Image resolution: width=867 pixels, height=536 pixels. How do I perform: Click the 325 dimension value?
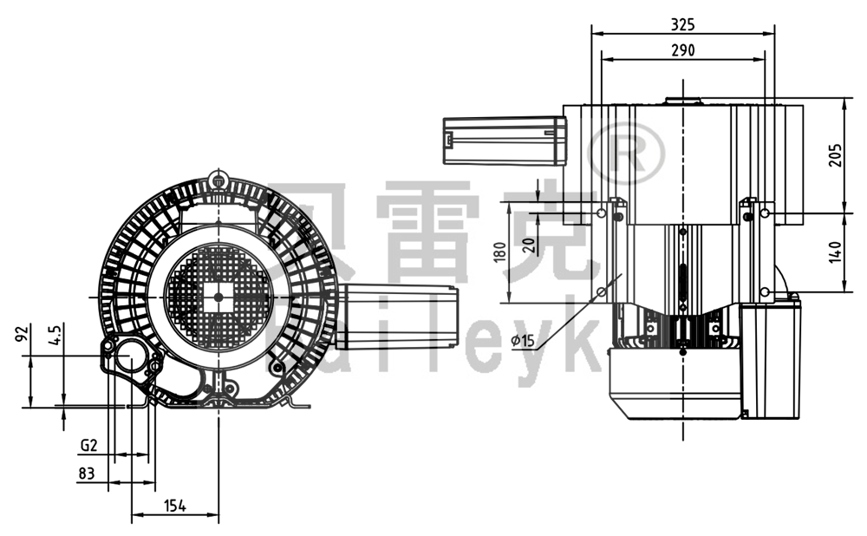(x=682, y=23)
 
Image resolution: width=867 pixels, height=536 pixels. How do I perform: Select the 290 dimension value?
(x=682, y=50)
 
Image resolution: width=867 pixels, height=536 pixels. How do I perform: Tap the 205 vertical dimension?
(x=834, y=154)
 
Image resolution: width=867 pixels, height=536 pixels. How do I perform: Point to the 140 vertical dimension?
(x=834, y=252)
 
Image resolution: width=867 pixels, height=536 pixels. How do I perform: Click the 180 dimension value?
(x=498, y=252)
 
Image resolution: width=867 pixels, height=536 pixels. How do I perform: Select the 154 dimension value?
(x=175, y=507)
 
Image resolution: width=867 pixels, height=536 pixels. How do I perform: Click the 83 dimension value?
(x=86, y=474)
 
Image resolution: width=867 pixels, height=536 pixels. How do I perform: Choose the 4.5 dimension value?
(x=55, y=336)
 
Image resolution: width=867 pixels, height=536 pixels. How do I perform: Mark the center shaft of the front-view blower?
(x=217, y=297)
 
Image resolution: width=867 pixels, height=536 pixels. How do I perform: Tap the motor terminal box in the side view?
(x=767, y=356)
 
